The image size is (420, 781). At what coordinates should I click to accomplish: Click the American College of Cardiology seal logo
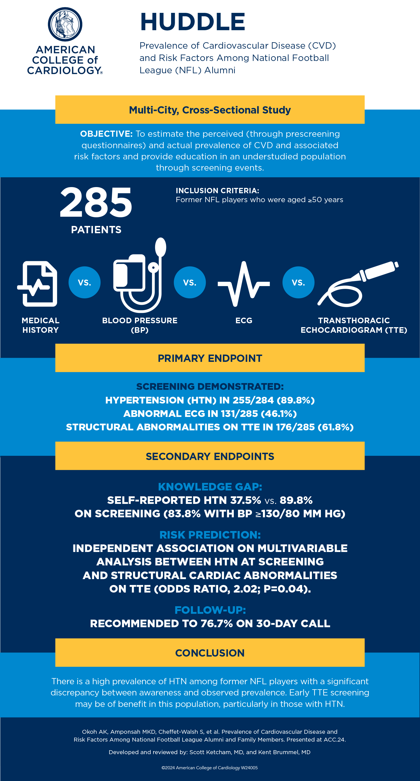pos(65,24)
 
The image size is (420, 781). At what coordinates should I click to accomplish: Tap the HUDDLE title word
pos(193,22)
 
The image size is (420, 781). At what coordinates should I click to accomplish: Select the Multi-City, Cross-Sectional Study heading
pos(209,110)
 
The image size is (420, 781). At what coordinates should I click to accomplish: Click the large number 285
pos(96,202)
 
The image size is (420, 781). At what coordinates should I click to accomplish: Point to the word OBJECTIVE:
pos(106,134)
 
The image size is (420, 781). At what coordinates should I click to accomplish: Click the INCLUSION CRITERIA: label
pos(217,191)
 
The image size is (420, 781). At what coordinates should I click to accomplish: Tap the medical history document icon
pos(38,284)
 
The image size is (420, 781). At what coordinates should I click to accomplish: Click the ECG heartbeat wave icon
pos(244,284)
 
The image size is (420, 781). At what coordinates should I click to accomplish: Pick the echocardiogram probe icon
pos(358,283)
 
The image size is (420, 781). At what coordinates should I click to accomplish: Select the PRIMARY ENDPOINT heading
pos(209,358)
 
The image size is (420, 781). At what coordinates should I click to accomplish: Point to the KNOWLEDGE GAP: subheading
pos(210,487)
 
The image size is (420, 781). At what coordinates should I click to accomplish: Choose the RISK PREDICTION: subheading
pos(210,535)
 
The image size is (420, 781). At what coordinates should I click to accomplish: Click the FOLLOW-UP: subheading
pos(210,610)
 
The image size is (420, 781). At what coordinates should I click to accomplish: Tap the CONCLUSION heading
pos(209,653)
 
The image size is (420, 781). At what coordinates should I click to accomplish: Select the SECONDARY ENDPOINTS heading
pos(209,456)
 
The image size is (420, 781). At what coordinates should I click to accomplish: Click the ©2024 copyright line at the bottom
pos(209,768)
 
